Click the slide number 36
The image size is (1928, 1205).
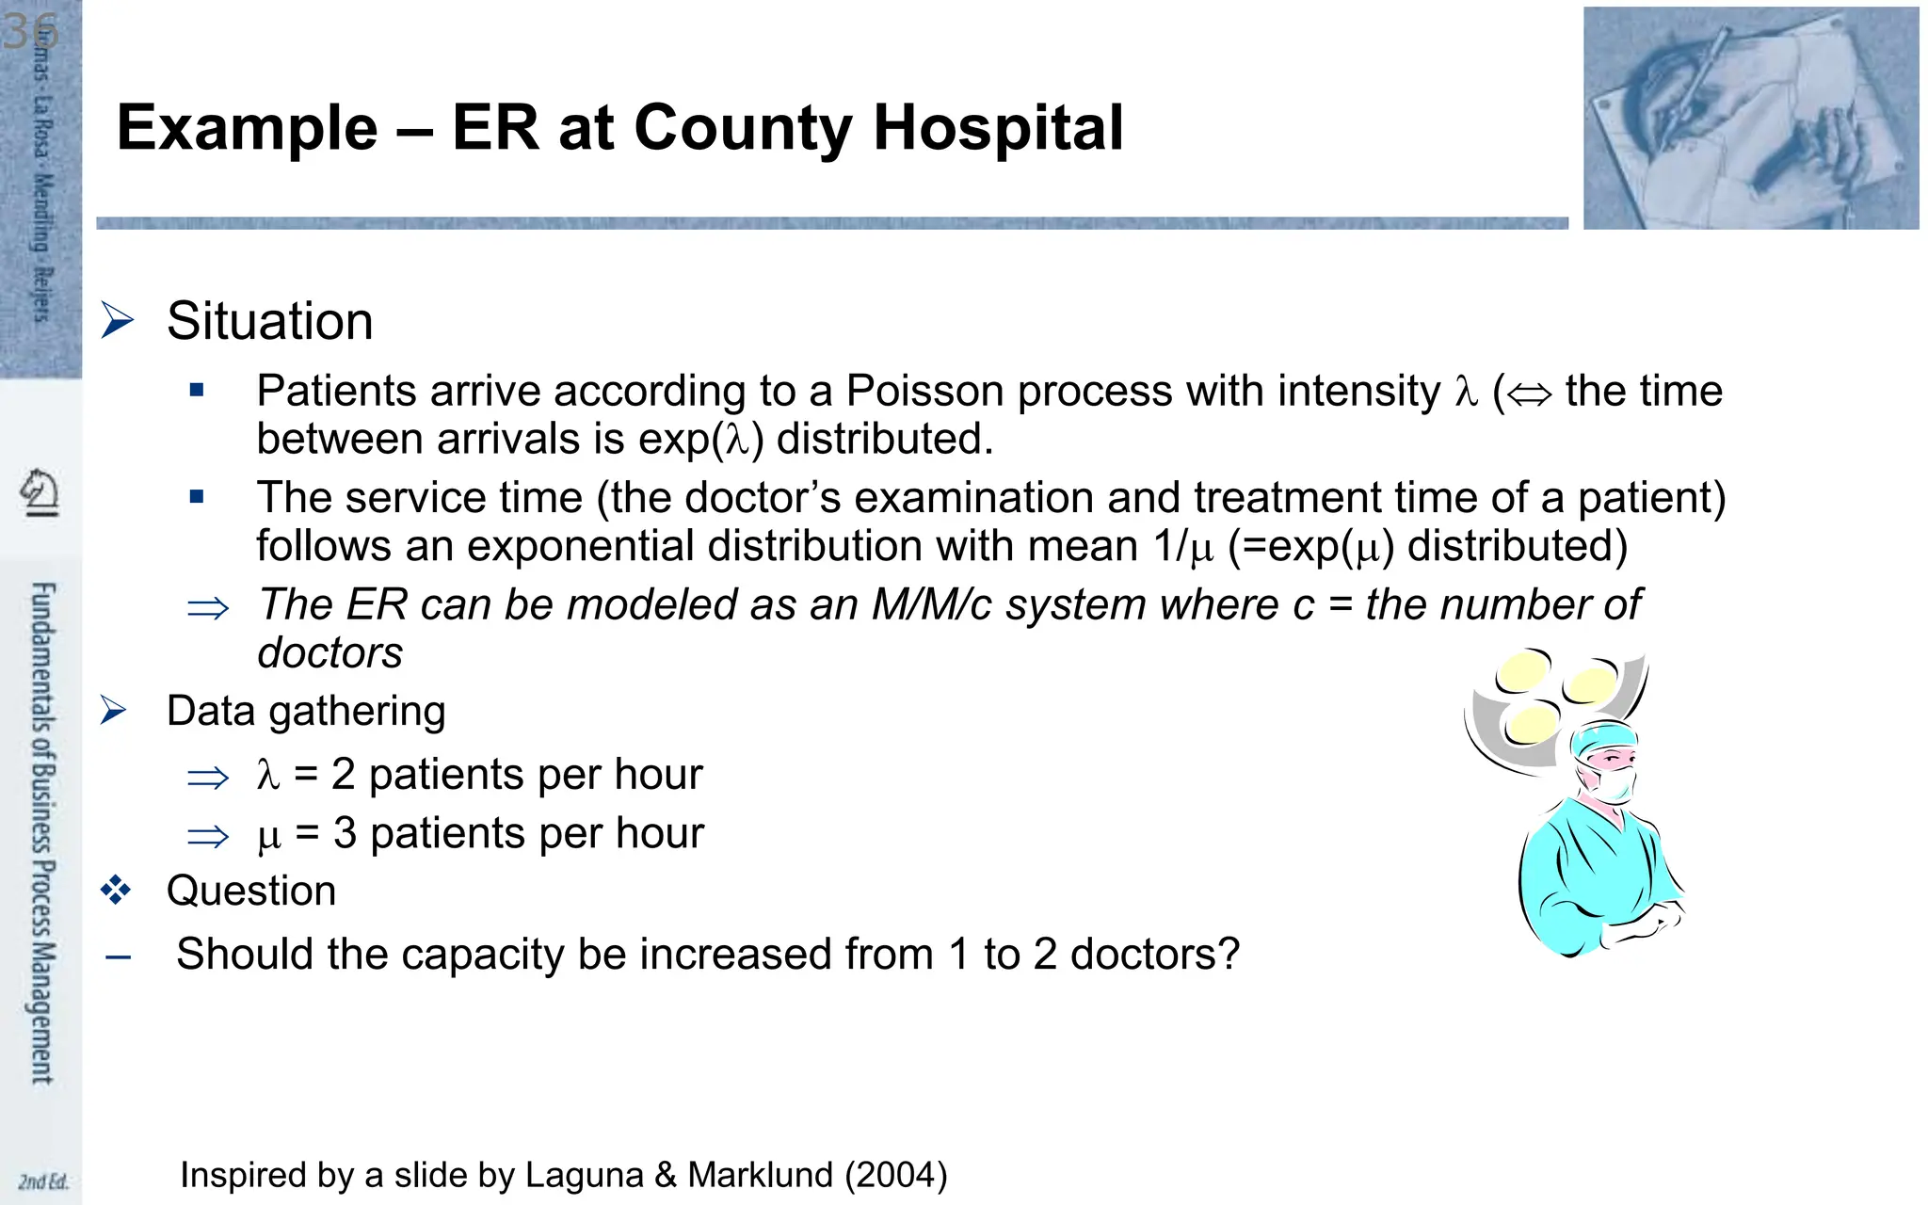tap(30, 32)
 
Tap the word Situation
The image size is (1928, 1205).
tap(269, 321)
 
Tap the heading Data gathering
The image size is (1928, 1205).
tap(305, 711)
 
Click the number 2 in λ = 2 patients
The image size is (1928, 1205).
tap(343, 775)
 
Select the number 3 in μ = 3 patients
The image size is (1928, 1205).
tap(345, 833)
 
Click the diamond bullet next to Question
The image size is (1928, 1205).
tap(116, 890)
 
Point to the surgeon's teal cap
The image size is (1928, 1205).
tap(1602, 737)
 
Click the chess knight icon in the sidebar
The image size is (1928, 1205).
tap(40, 492)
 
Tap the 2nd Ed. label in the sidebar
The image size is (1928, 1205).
tap(43, 1181)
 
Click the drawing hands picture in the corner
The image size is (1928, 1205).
tap(1750, 119)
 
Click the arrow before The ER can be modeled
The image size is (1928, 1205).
tap(208, 608)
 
